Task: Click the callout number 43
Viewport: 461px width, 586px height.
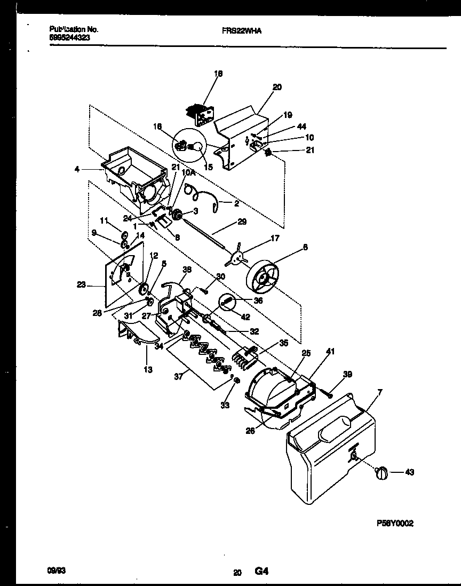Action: click(x=409, y=472)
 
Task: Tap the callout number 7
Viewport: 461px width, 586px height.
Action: click(x=379, y=393)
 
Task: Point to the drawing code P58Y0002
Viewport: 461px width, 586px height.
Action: click(x=395, y=524)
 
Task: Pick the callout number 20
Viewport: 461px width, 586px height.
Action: click(x=277, y=87)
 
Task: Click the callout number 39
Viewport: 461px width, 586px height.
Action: click(x=347, y=374)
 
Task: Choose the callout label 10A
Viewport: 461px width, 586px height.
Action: click(x=187, y=172)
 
